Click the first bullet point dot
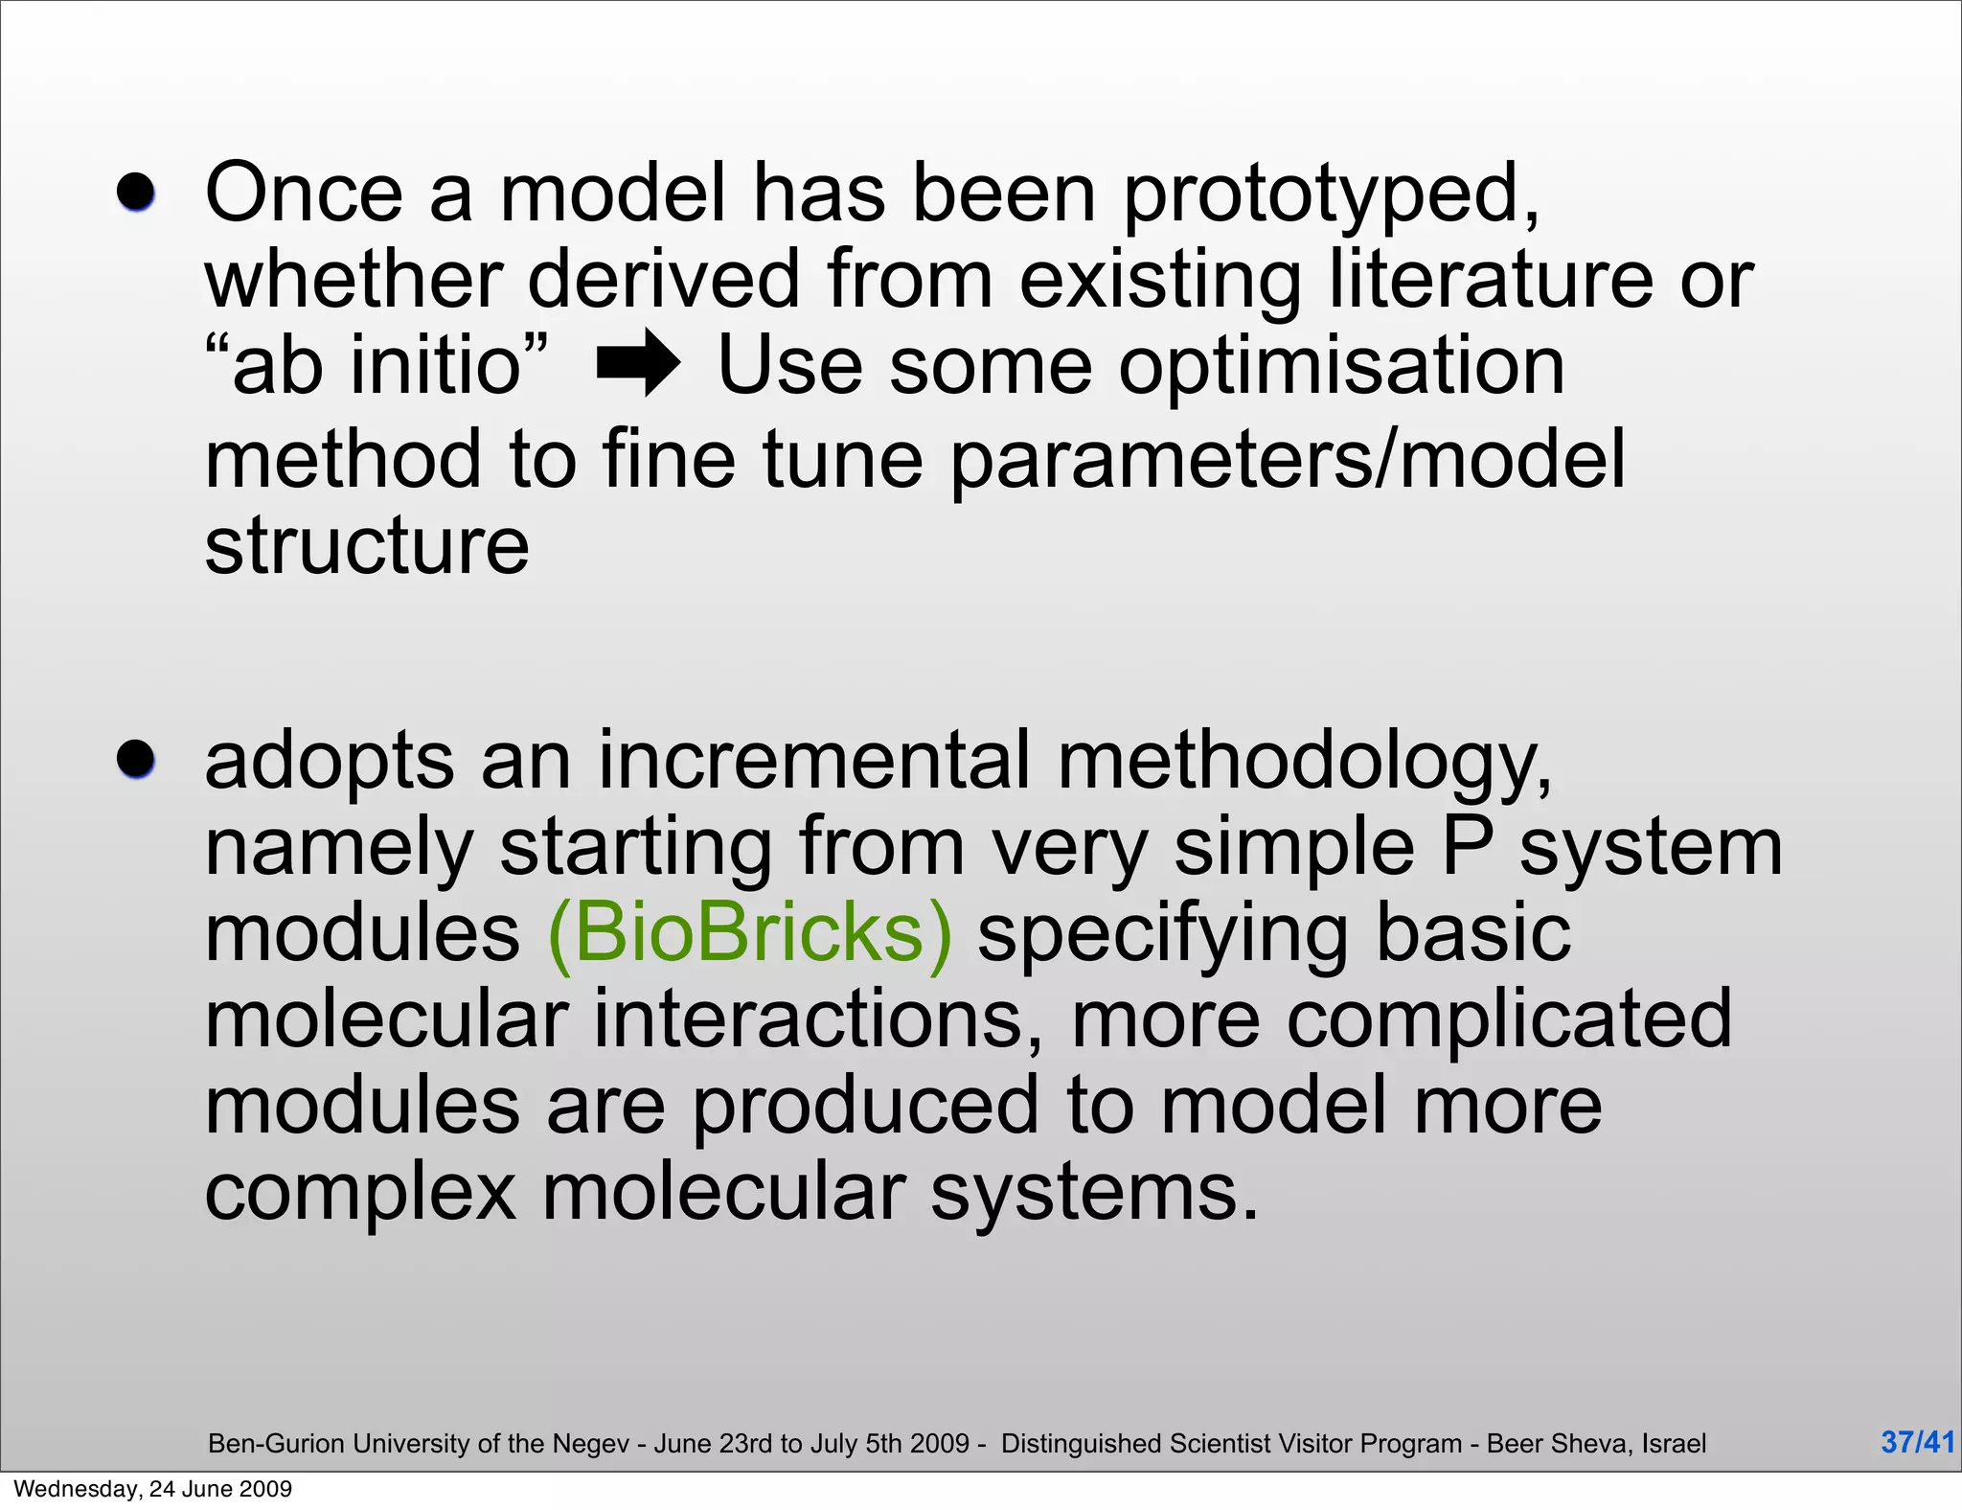(136, 193)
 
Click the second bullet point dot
(136, 760)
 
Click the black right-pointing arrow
(638, 363)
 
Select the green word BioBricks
(750, 933)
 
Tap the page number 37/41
(1917, 1442)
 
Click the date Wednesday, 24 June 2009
(153, 1489)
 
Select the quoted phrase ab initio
(377, 365)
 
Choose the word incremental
(814, 760)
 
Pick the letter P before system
(1467, 846)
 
